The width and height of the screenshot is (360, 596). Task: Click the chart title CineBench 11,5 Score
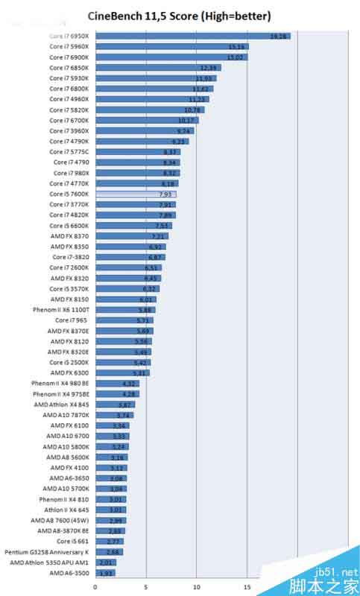pos(179,15)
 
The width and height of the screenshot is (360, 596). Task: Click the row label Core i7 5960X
pos(69,46)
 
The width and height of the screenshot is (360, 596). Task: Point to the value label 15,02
pos(236,57)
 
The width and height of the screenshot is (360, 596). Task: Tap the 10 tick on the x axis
pos(197,586)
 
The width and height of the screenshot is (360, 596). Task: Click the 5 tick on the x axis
pos(146,586)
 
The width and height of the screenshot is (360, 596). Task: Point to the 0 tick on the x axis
pos(95,586)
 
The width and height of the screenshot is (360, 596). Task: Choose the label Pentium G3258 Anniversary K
pos(46,552)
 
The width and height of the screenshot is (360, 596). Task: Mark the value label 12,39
pos(208,67)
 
